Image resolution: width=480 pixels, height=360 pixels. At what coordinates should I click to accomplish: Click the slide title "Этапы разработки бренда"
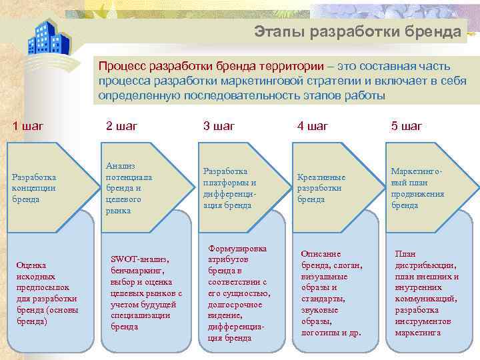coord(358,31)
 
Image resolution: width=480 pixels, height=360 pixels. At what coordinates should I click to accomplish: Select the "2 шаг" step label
coord(123,126)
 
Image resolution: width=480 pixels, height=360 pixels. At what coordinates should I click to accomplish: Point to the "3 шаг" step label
coord(219,126)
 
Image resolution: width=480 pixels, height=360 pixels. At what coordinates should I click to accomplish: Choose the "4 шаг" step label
coord(313,126)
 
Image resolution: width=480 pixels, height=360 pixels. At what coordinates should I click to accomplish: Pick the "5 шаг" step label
coord(407,126)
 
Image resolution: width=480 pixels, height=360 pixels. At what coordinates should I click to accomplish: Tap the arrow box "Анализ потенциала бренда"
coord(129,188)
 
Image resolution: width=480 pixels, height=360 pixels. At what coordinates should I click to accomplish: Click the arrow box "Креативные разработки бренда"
coord(321,188)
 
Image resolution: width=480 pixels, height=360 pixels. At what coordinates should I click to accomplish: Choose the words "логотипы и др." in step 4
coord(331,331)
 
